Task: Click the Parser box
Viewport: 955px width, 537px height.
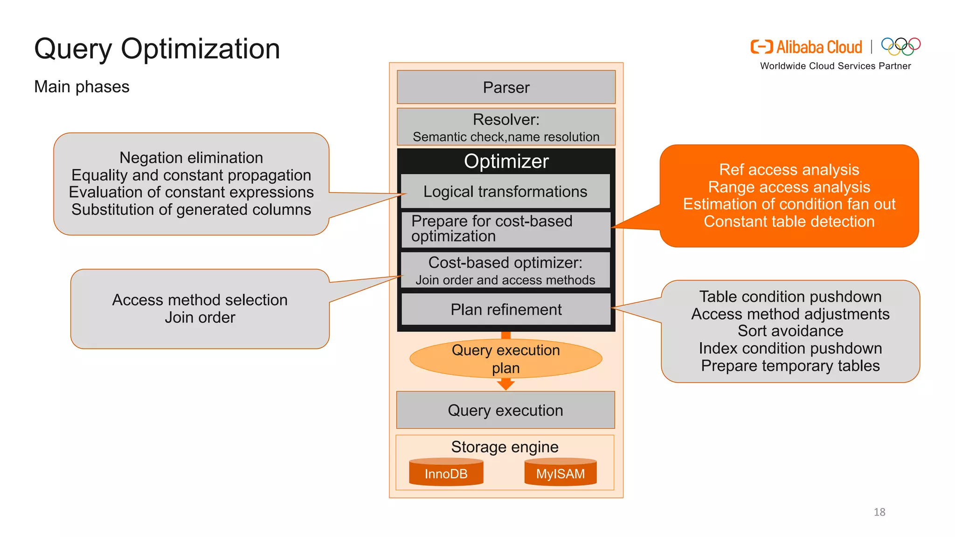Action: (x=506, y=87)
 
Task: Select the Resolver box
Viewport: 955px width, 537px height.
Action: (x=506, y=127)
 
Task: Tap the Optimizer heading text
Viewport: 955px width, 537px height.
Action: (x=506, y=161)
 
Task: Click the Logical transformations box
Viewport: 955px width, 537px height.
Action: (x=505, y=192)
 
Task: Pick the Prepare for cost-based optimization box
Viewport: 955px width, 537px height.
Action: (x=505, y=229)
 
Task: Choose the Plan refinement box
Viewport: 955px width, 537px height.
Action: (x=506, y=310)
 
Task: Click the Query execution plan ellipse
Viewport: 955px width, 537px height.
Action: (x=506, y=358)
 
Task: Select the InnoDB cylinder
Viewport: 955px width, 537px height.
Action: (x=446, y=473)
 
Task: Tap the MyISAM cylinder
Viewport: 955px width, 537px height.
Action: (x=560, y=473)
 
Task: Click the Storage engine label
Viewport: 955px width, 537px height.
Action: (x=505, y=447)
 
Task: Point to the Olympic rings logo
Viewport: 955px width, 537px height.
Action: (x=900, y=46)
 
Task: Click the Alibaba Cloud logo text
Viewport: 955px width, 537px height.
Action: (x=819, y=47)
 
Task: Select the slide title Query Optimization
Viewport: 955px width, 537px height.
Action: (x=157, y=49)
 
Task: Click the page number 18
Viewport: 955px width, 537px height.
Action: (x=879, y=512)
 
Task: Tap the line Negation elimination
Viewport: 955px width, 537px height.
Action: (x=191, y=158)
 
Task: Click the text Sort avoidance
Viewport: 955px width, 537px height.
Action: (x=790, y=331)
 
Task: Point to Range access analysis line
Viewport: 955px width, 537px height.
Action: (x=789, y=187)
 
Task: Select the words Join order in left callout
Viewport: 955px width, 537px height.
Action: (x=200, y=317)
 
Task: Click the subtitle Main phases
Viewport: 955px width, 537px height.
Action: (x=82, y=87)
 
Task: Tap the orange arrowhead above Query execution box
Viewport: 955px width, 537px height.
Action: (x=506, y=385)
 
